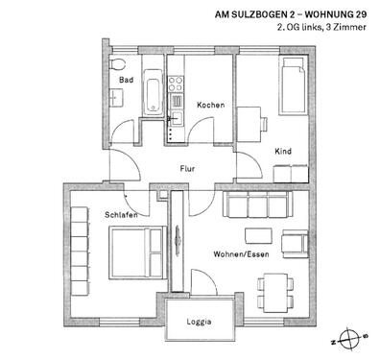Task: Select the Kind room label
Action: tap(283, 151)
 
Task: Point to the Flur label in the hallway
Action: tap(188, 169)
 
